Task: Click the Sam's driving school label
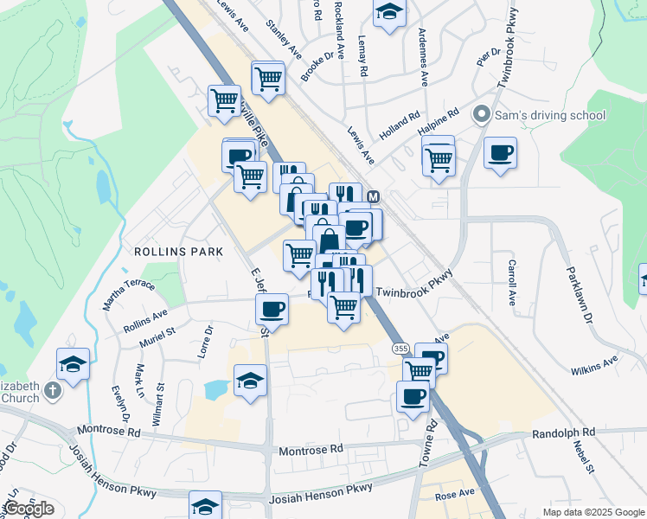click(x=550, y=115)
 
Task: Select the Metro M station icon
click(x=374, y=197)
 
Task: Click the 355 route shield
click(x=400, y=348)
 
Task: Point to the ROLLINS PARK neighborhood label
click(x=179, y=251)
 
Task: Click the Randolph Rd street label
click(x=564, y=432)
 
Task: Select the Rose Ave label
click(x=455, y=493)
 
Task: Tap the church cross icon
click(x=53, y=391)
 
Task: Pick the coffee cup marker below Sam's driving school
click(x=500, y=153)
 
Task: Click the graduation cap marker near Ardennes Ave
click(x=389, y=13)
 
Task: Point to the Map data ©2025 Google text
click(x=593, y=512)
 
